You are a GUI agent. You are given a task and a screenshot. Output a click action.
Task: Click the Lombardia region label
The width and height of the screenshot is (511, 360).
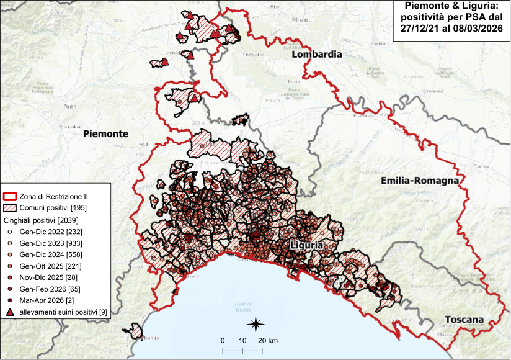(x=317, y=55)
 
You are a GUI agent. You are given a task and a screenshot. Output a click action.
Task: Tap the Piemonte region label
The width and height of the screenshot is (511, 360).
(x=105, y=133)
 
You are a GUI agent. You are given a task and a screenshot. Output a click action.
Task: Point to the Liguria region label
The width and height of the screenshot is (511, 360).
(x=306, y=246)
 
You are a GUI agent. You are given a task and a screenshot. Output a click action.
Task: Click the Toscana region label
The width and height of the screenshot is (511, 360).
(x=464, y=320)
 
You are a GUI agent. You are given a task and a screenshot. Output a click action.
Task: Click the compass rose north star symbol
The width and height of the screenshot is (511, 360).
(x=255, y=323)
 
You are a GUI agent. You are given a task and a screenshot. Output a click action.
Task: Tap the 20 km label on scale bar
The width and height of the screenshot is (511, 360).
(x=268, y=341)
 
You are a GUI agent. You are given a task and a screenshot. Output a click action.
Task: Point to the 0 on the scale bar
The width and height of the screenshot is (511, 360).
(x=223, y=341)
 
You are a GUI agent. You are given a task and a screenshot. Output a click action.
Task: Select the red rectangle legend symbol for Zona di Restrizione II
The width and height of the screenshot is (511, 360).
(x=10, y=196)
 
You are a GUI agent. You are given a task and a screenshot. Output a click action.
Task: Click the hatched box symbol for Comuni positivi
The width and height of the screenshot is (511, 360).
(x=10, y=207)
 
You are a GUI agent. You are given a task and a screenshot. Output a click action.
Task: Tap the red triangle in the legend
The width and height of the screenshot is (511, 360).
(x=10, y=313)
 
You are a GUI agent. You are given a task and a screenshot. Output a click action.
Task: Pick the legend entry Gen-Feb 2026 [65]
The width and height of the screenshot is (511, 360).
(x=50, y=289)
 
